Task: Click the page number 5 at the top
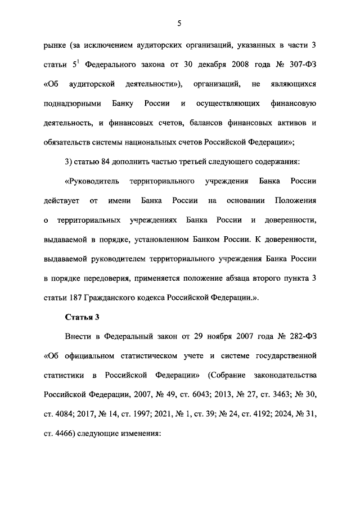pyautogui.click(x=179, y=23)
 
